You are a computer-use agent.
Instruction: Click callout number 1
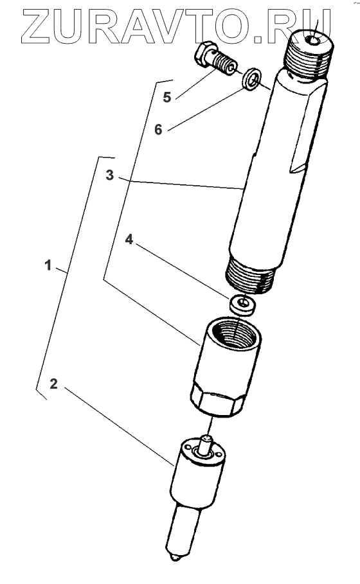(48, 265)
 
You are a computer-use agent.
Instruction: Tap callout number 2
(53, 384)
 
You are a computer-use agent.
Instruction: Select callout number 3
(109, 175)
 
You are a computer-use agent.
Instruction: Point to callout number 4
(129, 240)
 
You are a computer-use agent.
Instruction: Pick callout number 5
(167, 97)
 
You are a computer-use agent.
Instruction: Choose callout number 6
(158, 130)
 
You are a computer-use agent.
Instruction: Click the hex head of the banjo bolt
(204, 55)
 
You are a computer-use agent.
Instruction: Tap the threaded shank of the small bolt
(224, 64)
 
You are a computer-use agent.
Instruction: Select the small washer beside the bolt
(251, 78)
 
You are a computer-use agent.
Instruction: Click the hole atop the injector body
(313, 40)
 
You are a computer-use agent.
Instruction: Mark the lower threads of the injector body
(251, 276)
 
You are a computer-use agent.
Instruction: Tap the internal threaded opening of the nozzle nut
(233, 332)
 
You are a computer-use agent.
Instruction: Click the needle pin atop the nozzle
(205, 445)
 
